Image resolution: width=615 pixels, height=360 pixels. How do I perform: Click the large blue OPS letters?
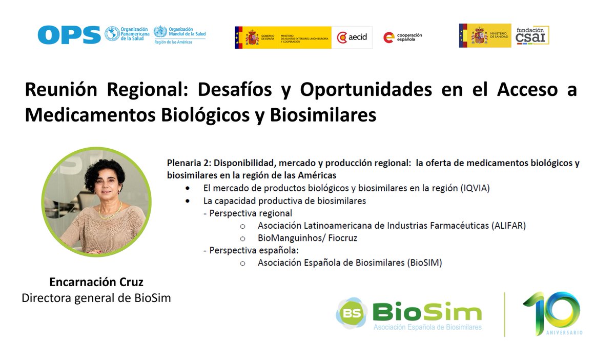coord(69,35)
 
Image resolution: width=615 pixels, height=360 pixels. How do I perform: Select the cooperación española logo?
coord(403,37)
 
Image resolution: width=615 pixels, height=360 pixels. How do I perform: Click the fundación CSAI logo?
coord(532,35)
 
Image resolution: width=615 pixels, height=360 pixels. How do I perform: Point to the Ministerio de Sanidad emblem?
coord(484,35)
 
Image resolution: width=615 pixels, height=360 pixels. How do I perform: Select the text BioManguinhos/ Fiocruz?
coord(307,238)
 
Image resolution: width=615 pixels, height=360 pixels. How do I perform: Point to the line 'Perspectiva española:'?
coord(251,250)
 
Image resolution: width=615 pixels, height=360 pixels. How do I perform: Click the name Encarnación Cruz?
coord(96,282)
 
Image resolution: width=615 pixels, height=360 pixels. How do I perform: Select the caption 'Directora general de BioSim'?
coord(96,297)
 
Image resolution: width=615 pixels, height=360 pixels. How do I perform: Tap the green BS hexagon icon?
coord(352,312)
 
